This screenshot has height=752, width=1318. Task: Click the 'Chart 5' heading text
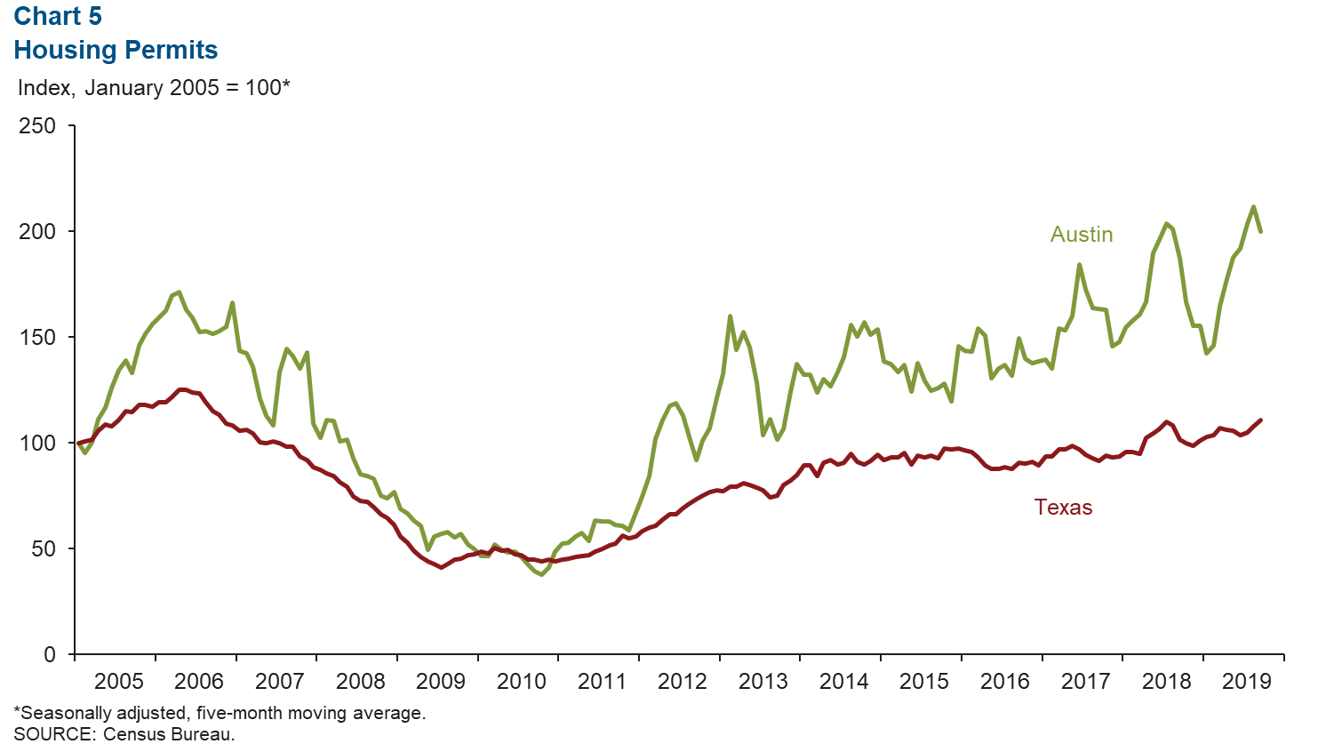(58, 16)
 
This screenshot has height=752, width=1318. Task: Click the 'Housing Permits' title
(116, 50)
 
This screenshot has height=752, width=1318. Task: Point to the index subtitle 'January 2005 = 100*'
(187, 88)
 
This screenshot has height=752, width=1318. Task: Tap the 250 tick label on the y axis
(37, 126)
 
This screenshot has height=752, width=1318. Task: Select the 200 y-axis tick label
(37, 232)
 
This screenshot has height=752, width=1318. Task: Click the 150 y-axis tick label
(37, 338)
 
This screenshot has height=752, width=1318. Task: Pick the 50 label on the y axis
(43, 549)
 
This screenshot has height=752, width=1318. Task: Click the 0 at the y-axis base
(49, 655)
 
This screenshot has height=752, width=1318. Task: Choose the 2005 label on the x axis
(118, 682)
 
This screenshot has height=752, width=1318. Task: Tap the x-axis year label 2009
(441, 682)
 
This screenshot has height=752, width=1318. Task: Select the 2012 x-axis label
(683, 682)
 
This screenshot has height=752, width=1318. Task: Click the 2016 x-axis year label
(1005, 682)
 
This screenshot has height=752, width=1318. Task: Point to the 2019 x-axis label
(1247, 682)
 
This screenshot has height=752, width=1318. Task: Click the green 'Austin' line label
(1082, 235)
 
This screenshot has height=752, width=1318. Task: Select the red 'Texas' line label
(1063, 508)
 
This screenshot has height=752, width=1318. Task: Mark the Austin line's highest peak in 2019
(1253, 207)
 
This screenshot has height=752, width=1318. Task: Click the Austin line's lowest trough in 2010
(541, 574)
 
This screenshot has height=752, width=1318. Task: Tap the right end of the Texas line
(1261, 420)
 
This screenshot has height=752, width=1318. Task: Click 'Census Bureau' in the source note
(168, 734)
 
